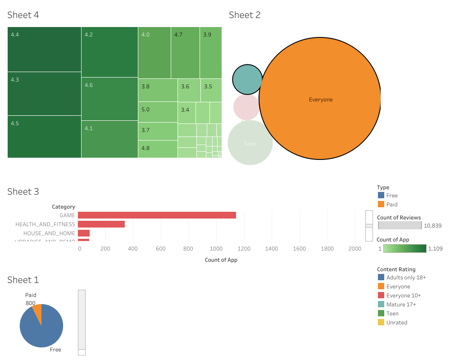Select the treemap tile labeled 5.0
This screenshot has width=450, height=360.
pos(158,112)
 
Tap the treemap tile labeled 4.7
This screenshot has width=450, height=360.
pos(185,53)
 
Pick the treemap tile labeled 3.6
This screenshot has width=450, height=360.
pos(189,90)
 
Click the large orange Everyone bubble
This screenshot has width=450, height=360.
pos(320,99)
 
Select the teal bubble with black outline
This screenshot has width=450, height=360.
pos(247,79)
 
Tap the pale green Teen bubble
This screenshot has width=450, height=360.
pos(250,143)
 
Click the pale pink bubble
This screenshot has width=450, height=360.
pos(246,107)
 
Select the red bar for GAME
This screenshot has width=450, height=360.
pos(157,215)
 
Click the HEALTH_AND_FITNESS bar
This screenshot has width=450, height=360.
pos(101,224)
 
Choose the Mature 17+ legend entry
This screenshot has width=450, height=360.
pos(401,305)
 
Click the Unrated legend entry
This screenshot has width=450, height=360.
pos(396,323)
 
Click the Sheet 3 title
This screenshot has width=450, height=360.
pos(23,191)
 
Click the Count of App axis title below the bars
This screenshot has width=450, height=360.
pos(221,260)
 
